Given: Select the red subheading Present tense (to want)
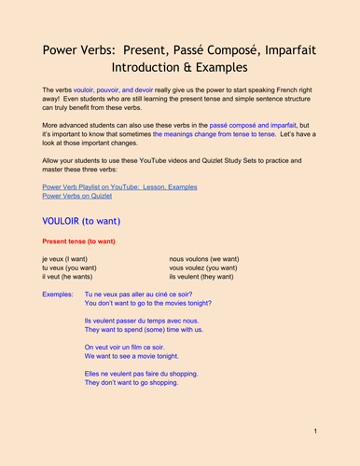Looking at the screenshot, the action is [82, 240].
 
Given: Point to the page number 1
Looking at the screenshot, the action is [316, 431].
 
